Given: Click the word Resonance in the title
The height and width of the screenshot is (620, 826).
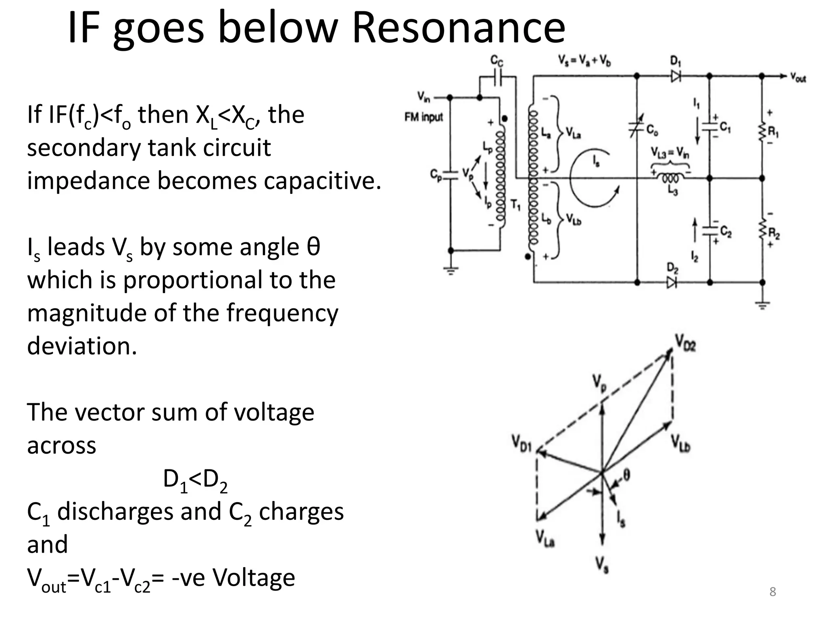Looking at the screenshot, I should pyautogui.click(x=459, y=28).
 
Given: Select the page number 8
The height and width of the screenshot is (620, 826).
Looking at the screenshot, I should pyautogui.click(x=772, y=592).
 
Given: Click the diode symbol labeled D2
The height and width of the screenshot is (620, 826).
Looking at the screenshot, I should pyautogui.click(x=672, y=282).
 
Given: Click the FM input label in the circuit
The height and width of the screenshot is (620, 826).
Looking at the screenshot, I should pyautogui.click(x=423, y=117).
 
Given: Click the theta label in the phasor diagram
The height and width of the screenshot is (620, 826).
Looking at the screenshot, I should pyautogui.click(x=626, y=475).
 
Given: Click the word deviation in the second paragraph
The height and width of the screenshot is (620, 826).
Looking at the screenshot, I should pyautogui.click(x=82, y=346).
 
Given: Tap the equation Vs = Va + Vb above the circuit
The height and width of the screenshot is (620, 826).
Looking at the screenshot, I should pyautogui.click(x=584, y=61).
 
